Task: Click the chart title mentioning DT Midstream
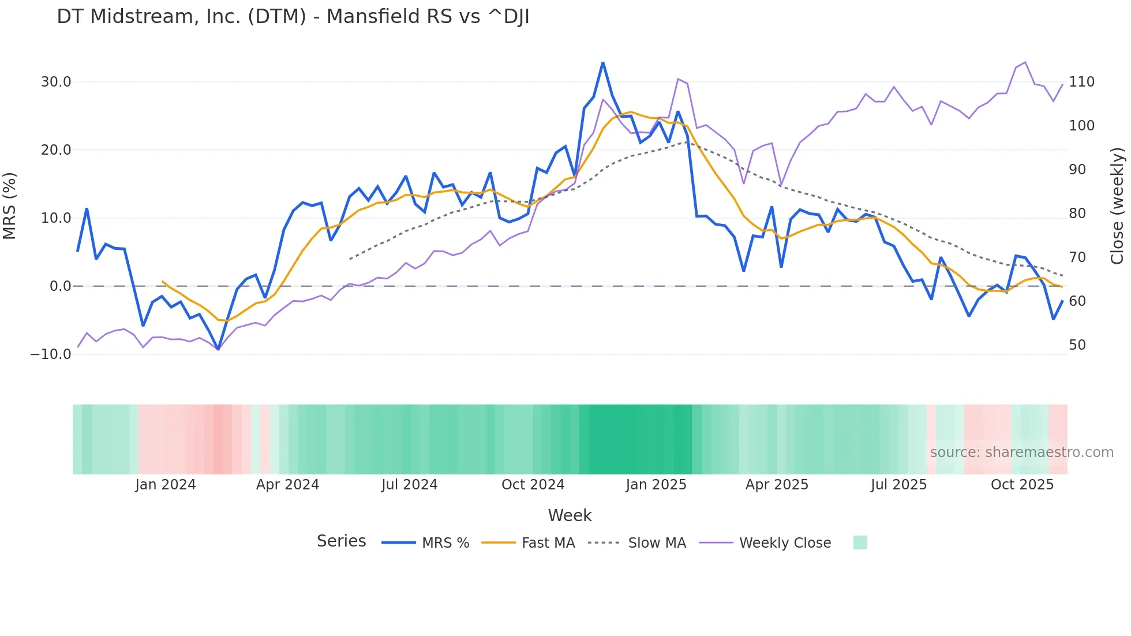coord(293,17)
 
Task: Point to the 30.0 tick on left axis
coord(56,82)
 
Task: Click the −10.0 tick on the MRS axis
coord(51,354)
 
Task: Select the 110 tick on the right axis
coord(1081,82)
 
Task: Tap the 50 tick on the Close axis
coord(1077,345)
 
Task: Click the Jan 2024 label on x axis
coord(166,485)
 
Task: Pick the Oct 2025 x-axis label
coord(1022,485)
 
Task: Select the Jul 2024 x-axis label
coord(410,485)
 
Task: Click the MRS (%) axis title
coord(10,206)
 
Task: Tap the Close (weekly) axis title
coord(1117,206)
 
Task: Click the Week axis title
coord(570,515)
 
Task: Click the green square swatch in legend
coord(860,543)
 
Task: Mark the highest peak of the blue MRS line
coord(603,62)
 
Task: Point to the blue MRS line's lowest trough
coord(218,349)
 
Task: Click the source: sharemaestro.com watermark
coord(1021,452)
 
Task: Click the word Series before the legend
coord(341,541)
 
